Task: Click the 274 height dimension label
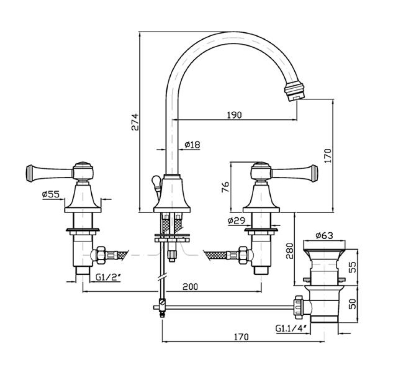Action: click(135, 122)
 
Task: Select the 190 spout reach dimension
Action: click(234, 115)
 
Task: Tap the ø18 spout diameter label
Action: click(192, 144)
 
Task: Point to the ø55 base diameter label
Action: click(51, 195)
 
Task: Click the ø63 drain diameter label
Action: click(324, 236)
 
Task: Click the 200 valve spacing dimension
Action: click(190, 286)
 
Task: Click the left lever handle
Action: click(48, 172)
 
